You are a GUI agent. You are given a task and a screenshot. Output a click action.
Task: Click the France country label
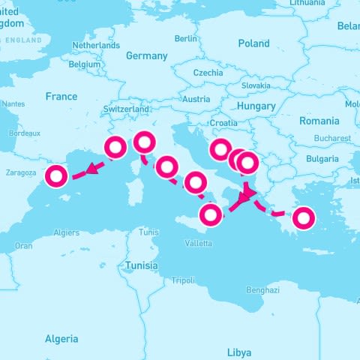(x=61, y=97)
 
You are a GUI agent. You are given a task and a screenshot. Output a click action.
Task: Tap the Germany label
(x=146, y=56)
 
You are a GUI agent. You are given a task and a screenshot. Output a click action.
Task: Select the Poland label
(x=253, y=44)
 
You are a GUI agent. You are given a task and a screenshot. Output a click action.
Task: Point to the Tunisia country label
(x=141, y=265)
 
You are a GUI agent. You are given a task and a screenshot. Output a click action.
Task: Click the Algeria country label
(x=61, y=339)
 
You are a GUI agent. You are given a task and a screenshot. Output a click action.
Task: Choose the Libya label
(x=239, y=352)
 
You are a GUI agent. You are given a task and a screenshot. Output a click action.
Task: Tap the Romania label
(x=319, y=121)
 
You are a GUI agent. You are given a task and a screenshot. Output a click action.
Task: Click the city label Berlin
(x=185, y=38)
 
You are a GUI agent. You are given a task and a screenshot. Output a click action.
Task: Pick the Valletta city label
(x=199, y=244)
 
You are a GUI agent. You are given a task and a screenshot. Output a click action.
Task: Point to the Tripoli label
(x=183, y=280)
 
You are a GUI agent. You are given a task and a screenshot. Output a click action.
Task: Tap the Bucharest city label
(x=333, y=139)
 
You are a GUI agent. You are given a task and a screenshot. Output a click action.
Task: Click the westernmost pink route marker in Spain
(x=57, y=177)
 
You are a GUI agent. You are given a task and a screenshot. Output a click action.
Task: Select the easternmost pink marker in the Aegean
(x=304, y=218)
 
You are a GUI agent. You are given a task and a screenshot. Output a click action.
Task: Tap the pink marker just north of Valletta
(x=211, y=215)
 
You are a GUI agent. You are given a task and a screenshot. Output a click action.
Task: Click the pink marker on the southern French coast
(x=115, y=148)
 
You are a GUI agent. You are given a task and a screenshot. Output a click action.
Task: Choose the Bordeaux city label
(x=24, y=133)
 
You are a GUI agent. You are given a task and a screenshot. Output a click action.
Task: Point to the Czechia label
(x=208, y=73)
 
